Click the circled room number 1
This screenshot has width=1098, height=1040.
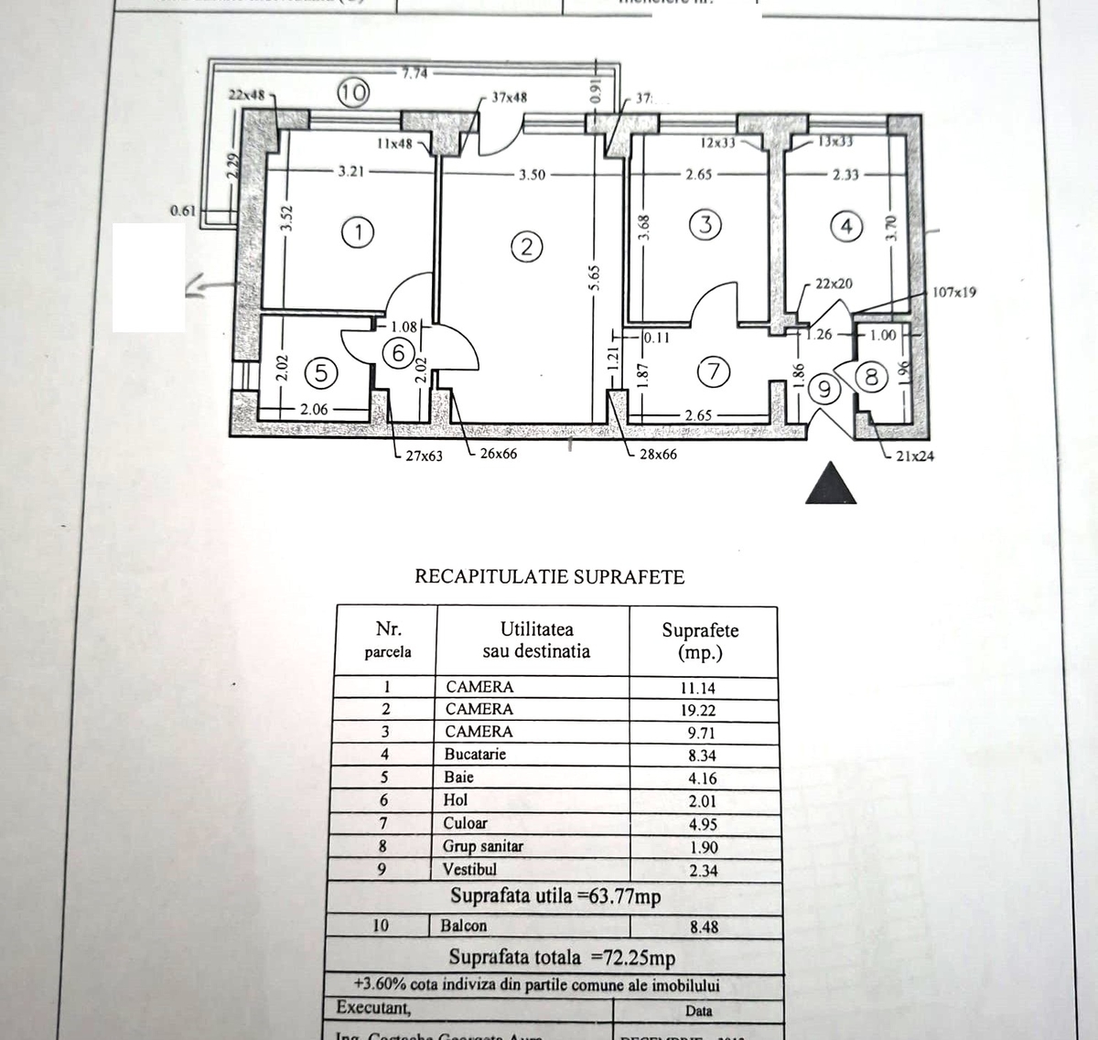click(x=358, y=232)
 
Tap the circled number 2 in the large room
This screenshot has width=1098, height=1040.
click(x=527, y=245)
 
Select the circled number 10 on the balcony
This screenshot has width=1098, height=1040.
click(x=352, y=91)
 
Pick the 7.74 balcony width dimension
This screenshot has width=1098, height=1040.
click(x=414, y=73)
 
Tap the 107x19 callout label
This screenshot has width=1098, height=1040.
click(x=954, y=293)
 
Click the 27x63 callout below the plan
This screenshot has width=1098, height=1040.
click(x=424, y=455)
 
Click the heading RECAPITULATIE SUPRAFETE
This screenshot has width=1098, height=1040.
click(x=550, y=576)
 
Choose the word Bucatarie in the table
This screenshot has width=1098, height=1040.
click(x=475, y=755)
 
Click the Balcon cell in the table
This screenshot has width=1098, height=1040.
click(x=464, y=926)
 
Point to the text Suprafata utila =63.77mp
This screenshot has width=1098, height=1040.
click(x=555, y=896)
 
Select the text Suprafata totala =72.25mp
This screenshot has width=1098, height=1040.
click(x=562, y=958)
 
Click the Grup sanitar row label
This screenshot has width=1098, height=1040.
click(x=483, y=846)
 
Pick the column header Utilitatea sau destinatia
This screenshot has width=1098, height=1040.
click(x=535, y=640)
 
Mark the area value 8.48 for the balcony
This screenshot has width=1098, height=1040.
click(x=703, y=927)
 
